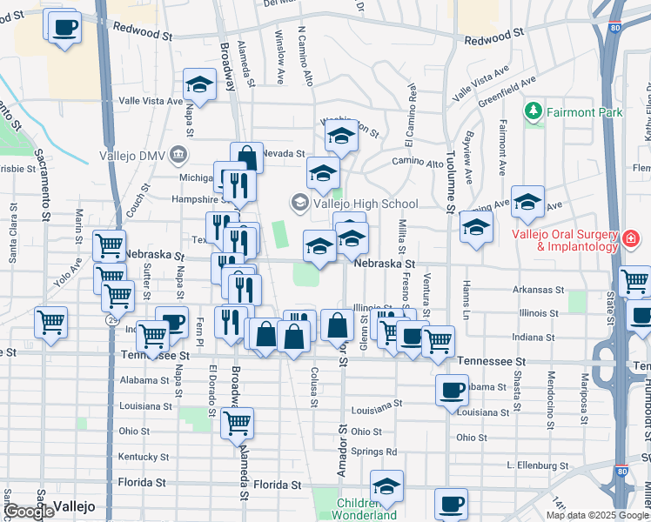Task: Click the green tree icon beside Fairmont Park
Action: (533, 111)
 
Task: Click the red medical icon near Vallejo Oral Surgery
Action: (631, 238)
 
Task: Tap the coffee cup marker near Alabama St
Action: (452, 391)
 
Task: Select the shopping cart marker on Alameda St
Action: (237, 424)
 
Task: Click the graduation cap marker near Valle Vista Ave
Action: (200, 85)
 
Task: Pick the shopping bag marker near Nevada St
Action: (247, 157)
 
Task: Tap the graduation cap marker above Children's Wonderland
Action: (386, 485)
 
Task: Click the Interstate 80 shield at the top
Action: (615, 27)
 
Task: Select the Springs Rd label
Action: (374, 452)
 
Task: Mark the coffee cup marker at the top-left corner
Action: (64, 27)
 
